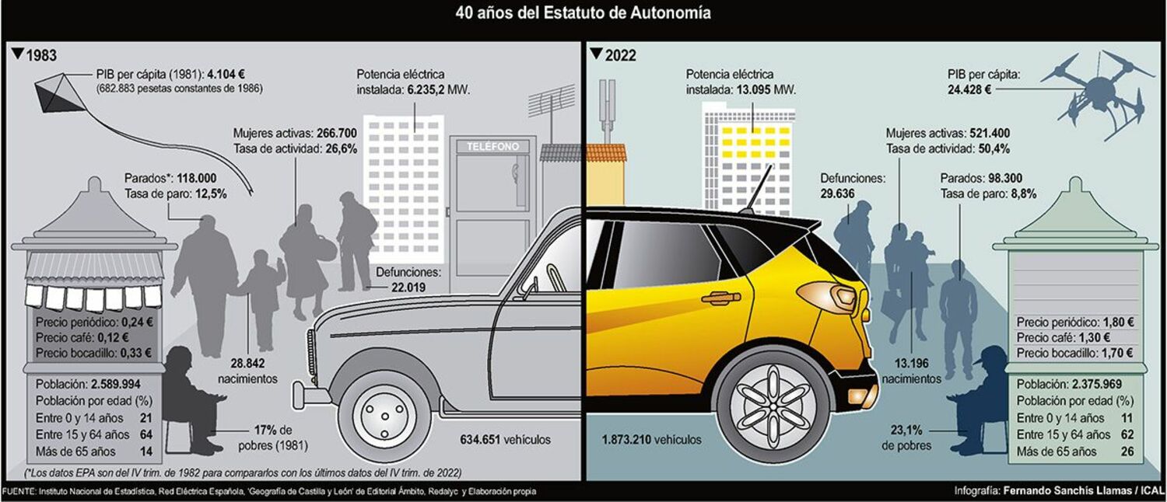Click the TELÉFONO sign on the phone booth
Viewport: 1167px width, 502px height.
[x=492, y=147]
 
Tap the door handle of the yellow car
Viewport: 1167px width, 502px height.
[x=721, y=298]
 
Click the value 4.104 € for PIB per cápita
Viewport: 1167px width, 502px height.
[x=226, y=74]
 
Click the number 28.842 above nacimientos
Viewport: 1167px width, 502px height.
[x=247, y=363]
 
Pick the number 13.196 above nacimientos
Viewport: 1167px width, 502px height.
[x=912, y=363]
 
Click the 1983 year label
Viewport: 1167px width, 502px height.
[x=40, y=55]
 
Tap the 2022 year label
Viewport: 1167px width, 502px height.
[x=620, y=55]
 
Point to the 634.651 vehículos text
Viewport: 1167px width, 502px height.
[x=505, y=440]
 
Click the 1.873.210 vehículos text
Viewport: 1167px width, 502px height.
[x=651, y=440]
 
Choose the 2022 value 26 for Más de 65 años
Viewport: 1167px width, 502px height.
[x=1127, y=451]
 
